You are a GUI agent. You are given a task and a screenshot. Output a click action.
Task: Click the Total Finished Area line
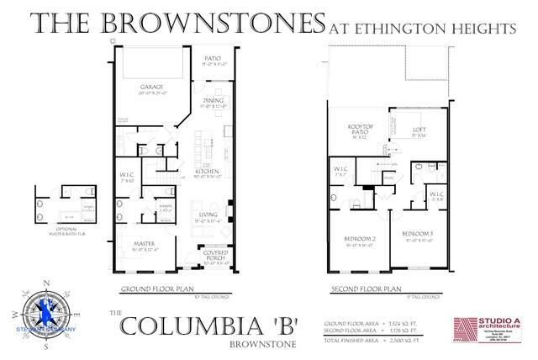click(x=378, y=339)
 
